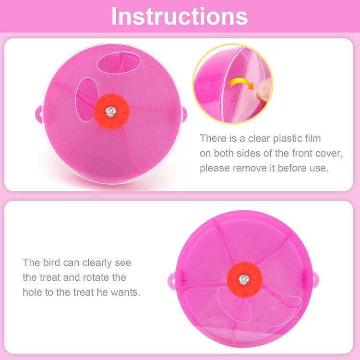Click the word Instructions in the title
pos(180,16)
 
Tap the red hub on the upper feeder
pos(111,112)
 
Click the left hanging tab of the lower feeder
pos(172,279)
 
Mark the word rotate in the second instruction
pos(95,277)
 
